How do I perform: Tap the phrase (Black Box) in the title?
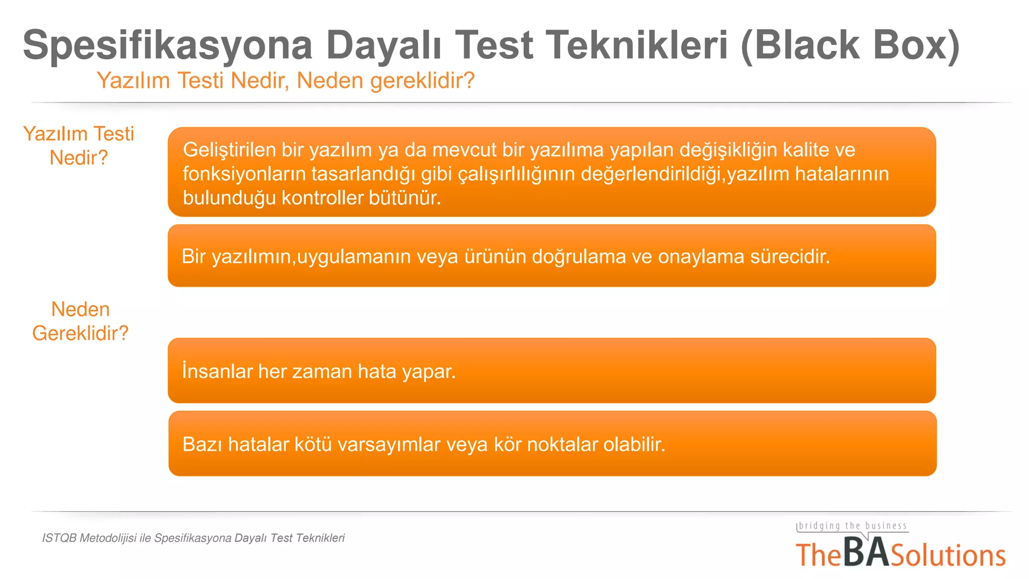click(850, 45)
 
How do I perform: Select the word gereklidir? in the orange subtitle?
click(422, 81)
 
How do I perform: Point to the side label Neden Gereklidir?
click(80, 321)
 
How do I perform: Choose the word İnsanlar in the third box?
click(217, 371)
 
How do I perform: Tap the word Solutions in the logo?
click(948, 556)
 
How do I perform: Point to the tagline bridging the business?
click(853, 526)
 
